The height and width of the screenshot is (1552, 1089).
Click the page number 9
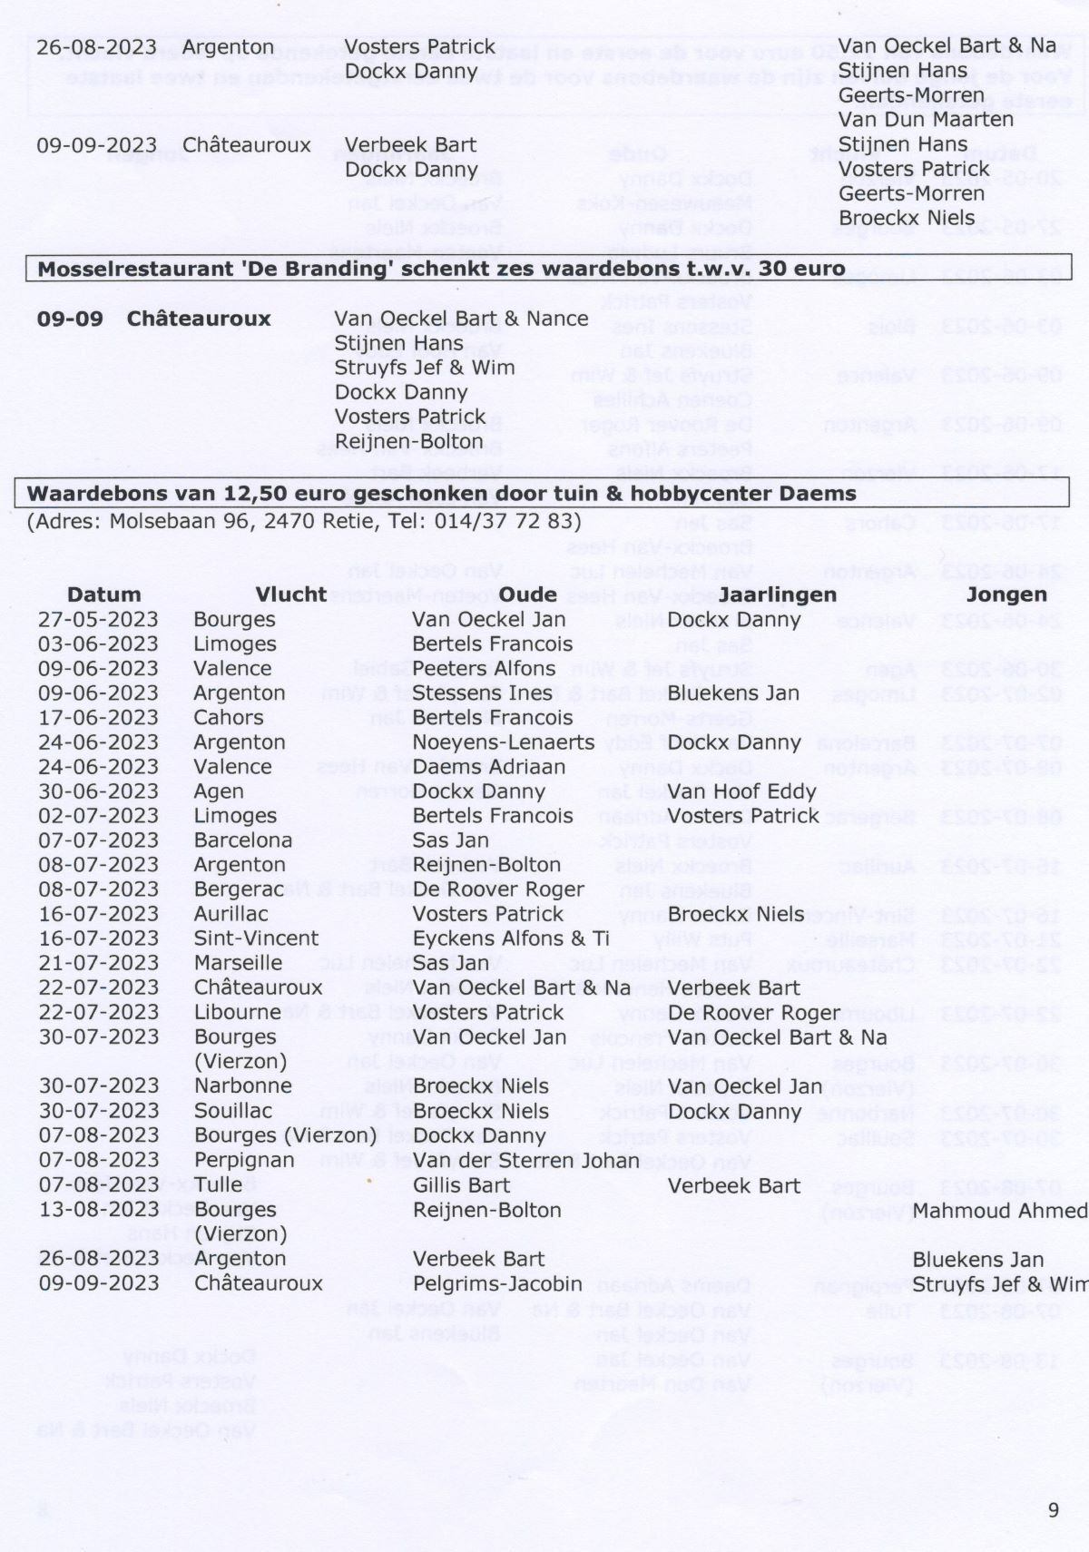[1053, 1509]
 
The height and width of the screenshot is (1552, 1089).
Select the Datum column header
[103, 594]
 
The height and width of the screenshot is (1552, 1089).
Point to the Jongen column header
[1006, 594]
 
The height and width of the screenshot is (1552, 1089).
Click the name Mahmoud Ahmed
[999, 1210]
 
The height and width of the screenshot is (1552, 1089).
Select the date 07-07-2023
[98, 840]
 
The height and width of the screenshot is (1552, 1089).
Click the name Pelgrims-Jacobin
[497, 1283]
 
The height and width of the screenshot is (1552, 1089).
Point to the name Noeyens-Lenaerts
[504, 742]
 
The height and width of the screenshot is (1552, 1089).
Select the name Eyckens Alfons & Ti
[511, 938]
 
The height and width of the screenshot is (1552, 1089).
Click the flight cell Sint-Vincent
[256, 938]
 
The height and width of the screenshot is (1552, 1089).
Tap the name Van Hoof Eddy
[742, 791]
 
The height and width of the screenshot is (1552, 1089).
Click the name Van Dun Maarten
[926, 119]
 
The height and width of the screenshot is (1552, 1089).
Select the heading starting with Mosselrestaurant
[441, 269]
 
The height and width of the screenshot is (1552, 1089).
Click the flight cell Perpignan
[244, 1160]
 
